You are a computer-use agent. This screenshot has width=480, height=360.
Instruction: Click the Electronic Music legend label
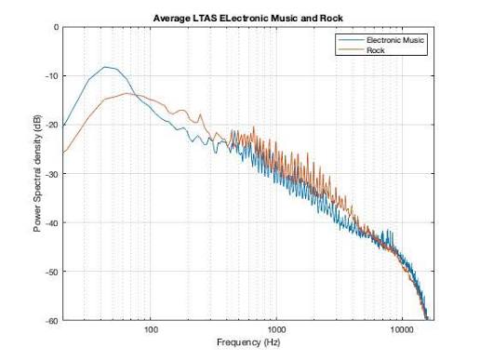395,40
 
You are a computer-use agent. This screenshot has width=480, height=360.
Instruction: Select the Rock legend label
376,50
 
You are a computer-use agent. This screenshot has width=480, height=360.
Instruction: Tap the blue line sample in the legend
351,40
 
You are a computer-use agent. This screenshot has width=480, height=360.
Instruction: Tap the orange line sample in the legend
351,49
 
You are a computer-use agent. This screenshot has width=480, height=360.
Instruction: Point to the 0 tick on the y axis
56,27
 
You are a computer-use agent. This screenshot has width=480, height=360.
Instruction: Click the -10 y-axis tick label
52,76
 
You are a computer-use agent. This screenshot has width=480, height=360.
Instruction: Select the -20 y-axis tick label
52,125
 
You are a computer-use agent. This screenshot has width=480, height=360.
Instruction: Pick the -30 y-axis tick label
52,174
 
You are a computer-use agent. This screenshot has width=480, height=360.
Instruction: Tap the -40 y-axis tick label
52,223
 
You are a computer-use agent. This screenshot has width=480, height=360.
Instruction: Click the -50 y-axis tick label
52,272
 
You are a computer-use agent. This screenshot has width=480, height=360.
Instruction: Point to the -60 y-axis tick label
52,321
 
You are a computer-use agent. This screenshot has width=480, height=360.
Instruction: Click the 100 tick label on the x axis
151,329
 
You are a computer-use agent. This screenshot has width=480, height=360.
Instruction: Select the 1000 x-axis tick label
276,329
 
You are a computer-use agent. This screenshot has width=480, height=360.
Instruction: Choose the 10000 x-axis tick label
402,329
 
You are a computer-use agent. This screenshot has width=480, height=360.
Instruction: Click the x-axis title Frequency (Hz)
248,342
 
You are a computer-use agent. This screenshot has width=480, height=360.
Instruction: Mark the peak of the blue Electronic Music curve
105,67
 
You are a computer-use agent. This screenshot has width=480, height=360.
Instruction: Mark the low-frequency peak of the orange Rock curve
127,93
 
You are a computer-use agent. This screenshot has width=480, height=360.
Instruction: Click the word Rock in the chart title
331,19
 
